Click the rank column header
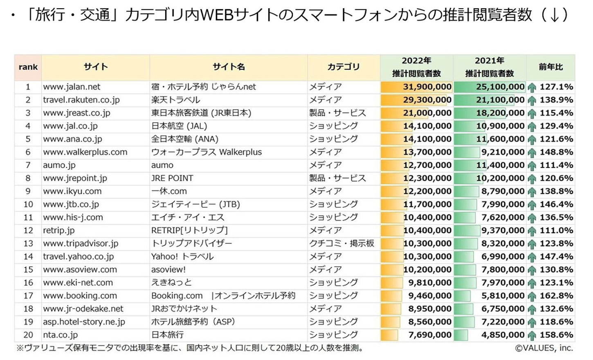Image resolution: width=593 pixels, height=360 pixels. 28,67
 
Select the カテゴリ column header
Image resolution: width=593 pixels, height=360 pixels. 343,67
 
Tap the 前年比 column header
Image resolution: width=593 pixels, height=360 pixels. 550,67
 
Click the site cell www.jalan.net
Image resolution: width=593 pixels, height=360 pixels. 72,87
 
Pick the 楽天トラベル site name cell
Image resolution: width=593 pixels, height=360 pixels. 175,100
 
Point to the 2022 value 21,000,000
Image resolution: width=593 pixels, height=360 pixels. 427,113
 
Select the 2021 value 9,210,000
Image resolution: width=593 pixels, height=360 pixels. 503,152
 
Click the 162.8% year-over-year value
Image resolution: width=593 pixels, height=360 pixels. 556,296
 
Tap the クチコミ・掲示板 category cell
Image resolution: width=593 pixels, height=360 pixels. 341,243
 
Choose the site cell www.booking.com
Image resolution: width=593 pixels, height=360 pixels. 80,296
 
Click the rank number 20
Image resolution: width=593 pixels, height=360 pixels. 28,335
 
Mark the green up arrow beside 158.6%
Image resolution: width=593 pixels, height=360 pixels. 532,336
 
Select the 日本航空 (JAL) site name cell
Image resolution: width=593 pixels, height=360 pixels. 179,126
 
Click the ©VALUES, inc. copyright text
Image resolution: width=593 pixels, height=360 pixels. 544,348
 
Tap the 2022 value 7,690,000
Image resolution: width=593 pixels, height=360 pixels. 429,335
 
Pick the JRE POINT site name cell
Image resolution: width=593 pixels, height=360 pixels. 172,178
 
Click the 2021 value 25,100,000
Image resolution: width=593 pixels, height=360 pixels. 500,87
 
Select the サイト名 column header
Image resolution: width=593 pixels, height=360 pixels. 229,67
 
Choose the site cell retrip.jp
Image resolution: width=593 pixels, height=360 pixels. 58,230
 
